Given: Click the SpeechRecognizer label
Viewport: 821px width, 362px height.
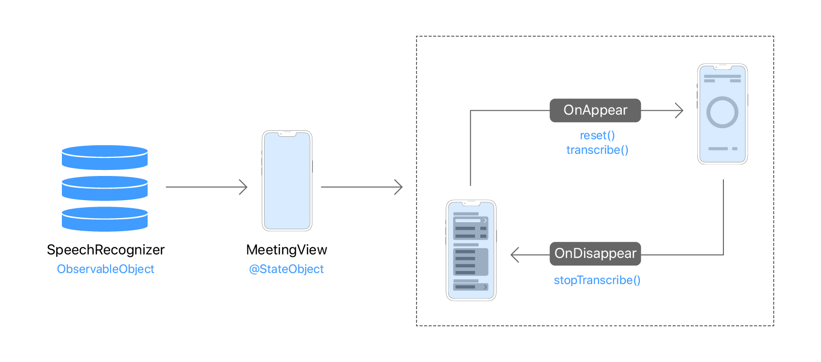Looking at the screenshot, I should pos(106,250).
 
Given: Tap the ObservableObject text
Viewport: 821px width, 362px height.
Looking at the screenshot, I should pos(106,269).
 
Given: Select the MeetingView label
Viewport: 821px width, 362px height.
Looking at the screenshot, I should pos(287,250).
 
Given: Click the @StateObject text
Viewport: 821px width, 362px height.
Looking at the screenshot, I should pos(287,269).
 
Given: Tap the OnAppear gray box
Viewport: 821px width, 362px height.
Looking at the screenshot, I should pos(595,111).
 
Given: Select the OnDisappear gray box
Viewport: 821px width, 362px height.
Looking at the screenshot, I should pos(595,254).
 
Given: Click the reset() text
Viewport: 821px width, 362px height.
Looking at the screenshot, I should pos(597,135).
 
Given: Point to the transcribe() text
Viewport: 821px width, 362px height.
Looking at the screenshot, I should pos(597,150).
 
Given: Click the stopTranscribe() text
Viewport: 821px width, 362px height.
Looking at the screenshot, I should pos(597,280).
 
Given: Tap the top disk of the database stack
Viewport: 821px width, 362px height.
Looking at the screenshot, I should pos(105,157).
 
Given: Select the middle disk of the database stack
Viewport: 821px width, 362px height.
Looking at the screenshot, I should pos(105,189).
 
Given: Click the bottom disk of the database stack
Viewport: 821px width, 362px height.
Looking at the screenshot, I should pos(105,219).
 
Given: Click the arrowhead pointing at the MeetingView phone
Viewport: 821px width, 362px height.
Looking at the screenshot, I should pos(244,187).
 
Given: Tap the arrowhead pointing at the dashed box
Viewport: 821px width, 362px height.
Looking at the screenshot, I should pos(399,187).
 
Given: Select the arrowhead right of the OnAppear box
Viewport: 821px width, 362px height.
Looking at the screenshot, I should pos(680,111).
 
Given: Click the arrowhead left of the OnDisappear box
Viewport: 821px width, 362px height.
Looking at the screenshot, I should pos(514,255).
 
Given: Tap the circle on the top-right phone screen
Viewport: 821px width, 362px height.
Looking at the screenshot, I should pos(722,112).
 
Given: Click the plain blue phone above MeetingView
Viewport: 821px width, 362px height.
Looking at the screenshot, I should pos(287,181).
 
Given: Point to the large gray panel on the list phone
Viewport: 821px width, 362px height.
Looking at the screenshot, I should pos(471,261).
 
